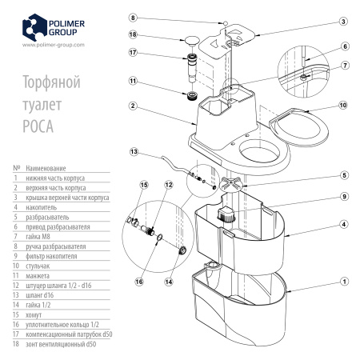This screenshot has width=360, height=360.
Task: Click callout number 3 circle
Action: click(342, 22)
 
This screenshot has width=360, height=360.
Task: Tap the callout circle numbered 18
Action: click(133, 35)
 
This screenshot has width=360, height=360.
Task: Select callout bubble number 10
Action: click(342, 105)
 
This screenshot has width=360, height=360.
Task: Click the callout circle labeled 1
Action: click(342, 282)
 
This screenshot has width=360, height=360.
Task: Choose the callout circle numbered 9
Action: click(342, 197)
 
